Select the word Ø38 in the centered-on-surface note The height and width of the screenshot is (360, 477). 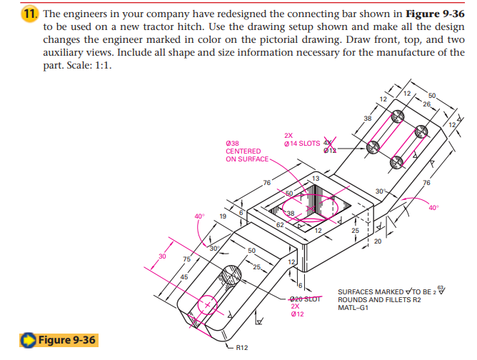233,142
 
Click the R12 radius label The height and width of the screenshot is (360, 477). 241,348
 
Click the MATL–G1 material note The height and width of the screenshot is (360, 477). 354,307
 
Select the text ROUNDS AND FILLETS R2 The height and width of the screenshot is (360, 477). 377,299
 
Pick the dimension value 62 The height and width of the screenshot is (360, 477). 280,224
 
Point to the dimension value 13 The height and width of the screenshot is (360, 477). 315,177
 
